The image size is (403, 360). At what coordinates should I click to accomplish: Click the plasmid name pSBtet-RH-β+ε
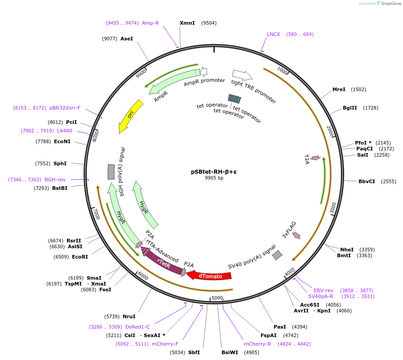(x=214, y=171)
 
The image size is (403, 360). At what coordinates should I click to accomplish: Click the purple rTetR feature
(x=163, y=263)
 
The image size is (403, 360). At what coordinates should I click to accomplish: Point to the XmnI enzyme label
(x=187, y=23)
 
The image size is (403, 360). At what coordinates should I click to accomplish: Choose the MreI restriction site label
(x=339, y=89)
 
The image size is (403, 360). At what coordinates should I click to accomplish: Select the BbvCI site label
(x=367, y=181)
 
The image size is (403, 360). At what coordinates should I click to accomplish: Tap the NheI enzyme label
(x=347, y=250)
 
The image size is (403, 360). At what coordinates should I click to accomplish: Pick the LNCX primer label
(x=274, y=34)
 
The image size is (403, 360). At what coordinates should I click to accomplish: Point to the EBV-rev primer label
(x=323, y=290)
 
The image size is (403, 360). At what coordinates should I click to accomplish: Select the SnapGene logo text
(x=389, y=4)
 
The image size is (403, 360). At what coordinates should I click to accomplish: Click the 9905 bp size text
(x=214, y=178)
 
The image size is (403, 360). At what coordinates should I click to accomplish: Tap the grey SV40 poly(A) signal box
(x=277, y=255)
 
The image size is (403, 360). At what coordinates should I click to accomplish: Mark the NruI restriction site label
(x=129, y=316)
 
